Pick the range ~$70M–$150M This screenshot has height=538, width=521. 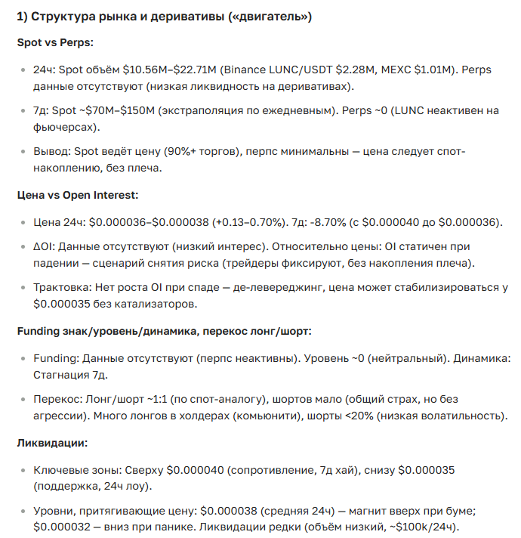point(105,111)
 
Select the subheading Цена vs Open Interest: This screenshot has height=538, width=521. point(78,195)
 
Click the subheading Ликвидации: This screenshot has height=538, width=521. point(54,442)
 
